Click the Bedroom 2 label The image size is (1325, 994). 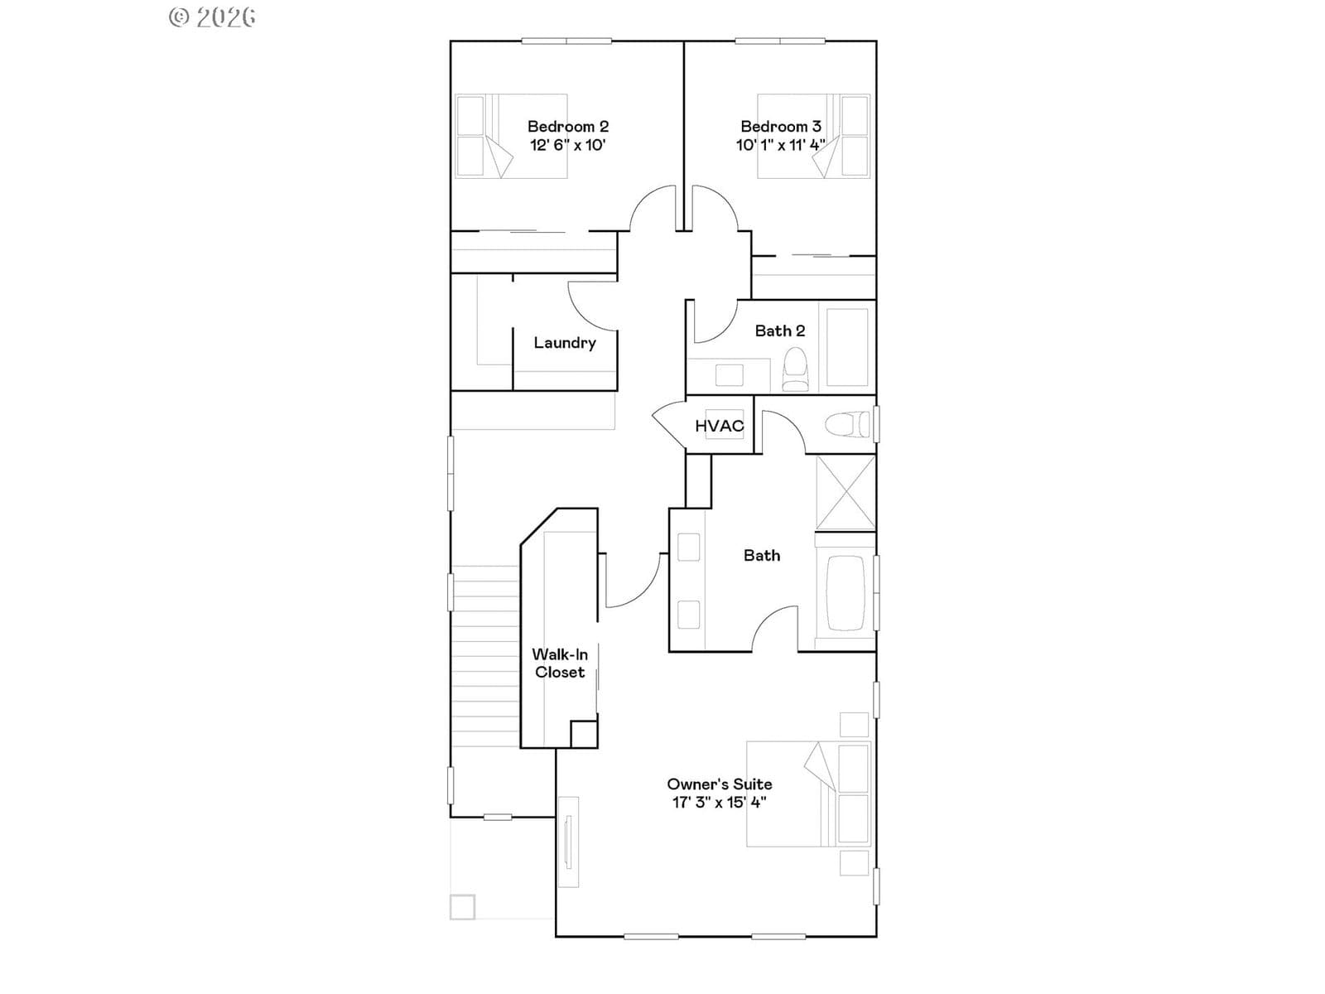[x=567, y=126]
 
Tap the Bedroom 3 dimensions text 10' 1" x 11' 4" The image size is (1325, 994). [x=781, y=145]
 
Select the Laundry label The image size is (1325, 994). [x=565, y=343]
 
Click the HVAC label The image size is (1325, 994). [x=719, y=426]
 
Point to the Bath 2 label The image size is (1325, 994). [x=780, y=331]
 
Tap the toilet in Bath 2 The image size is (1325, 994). [x=795, y=369]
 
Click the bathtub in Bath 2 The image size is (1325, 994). [x=847, y=347]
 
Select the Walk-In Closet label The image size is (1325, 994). [x=560, y=663]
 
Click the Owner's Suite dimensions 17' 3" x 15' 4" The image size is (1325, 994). [x=720, y=802]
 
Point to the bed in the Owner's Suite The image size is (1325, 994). [x=808, y=794]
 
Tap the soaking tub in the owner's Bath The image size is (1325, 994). [x=846, y=592]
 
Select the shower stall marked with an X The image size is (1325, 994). [x=846, y=493]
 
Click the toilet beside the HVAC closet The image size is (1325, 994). [x=847, y=424]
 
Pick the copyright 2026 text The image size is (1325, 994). [x=212, y=17]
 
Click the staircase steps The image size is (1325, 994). [x=485, y=656]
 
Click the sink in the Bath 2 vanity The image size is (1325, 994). [x=730, y=375]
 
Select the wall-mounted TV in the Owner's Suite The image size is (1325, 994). [x=567, y=842]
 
